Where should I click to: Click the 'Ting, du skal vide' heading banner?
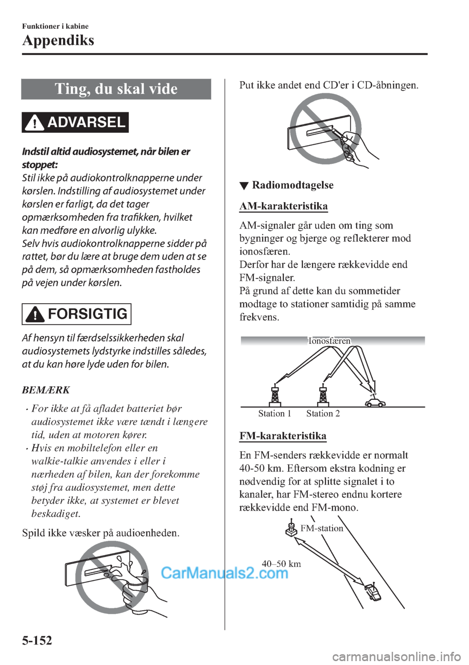116,89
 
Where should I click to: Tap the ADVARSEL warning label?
75,123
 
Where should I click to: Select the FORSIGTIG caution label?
76,314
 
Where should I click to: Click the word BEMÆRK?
46,390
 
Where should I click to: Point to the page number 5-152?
37,641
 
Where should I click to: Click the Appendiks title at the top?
58,41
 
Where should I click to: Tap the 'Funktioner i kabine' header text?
55,26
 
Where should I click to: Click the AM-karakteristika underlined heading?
284,206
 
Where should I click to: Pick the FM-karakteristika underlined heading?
283,436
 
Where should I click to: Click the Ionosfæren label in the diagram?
329,341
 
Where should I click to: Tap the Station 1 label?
275,414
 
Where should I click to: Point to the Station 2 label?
323,414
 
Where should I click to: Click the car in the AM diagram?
375,402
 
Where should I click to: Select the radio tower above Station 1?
275,395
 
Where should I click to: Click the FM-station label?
322,528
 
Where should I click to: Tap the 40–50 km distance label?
281,564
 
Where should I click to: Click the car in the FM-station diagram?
372,592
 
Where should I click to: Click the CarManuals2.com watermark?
225,573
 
